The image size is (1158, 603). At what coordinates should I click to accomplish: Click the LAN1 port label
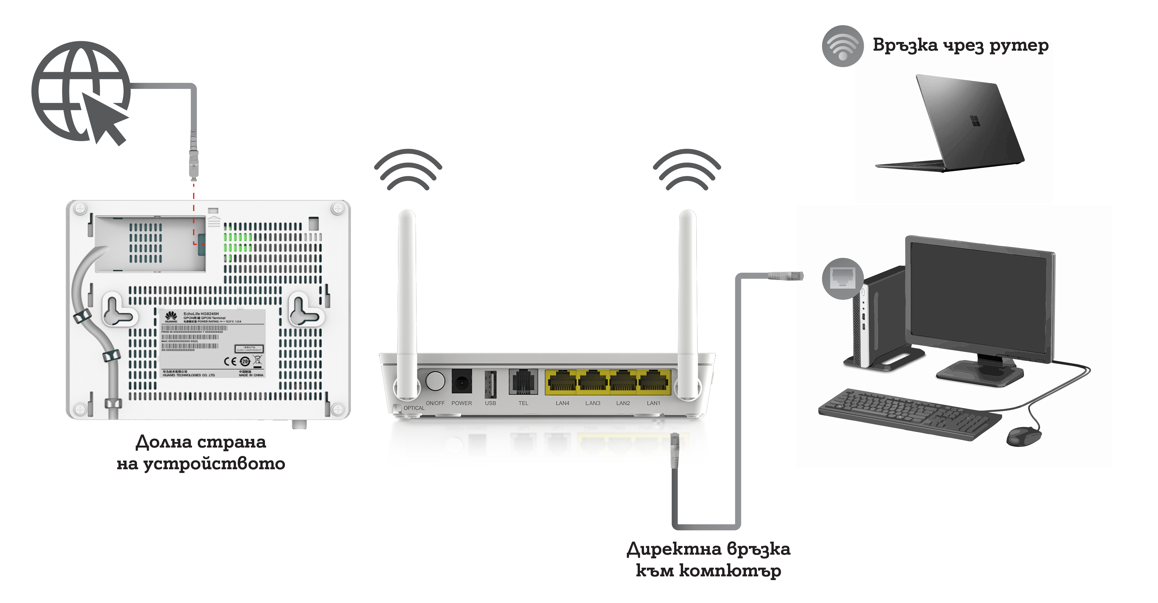[653, 403]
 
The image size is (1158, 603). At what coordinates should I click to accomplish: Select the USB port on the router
[490, 384]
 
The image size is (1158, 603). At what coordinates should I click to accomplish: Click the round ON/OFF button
[435, 381]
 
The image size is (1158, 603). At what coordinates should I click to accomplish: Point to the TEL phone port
[523, 382]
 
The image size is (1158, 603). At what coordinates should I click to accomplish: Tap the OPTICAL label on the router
[414, 408]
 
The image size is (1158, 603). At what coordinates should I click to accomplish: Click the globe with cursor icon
[81, 92]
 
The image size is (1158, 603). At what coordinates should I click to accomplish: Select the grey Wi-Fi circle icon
[842, 46]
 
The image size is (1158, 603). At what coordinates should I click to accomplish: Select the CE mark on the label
[230, 361]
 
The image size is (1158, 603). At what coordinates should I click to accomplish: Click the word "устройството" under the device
[214, 464]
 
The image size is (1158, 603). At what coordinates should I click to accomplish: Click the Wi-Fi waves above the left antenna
[408, 170]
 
